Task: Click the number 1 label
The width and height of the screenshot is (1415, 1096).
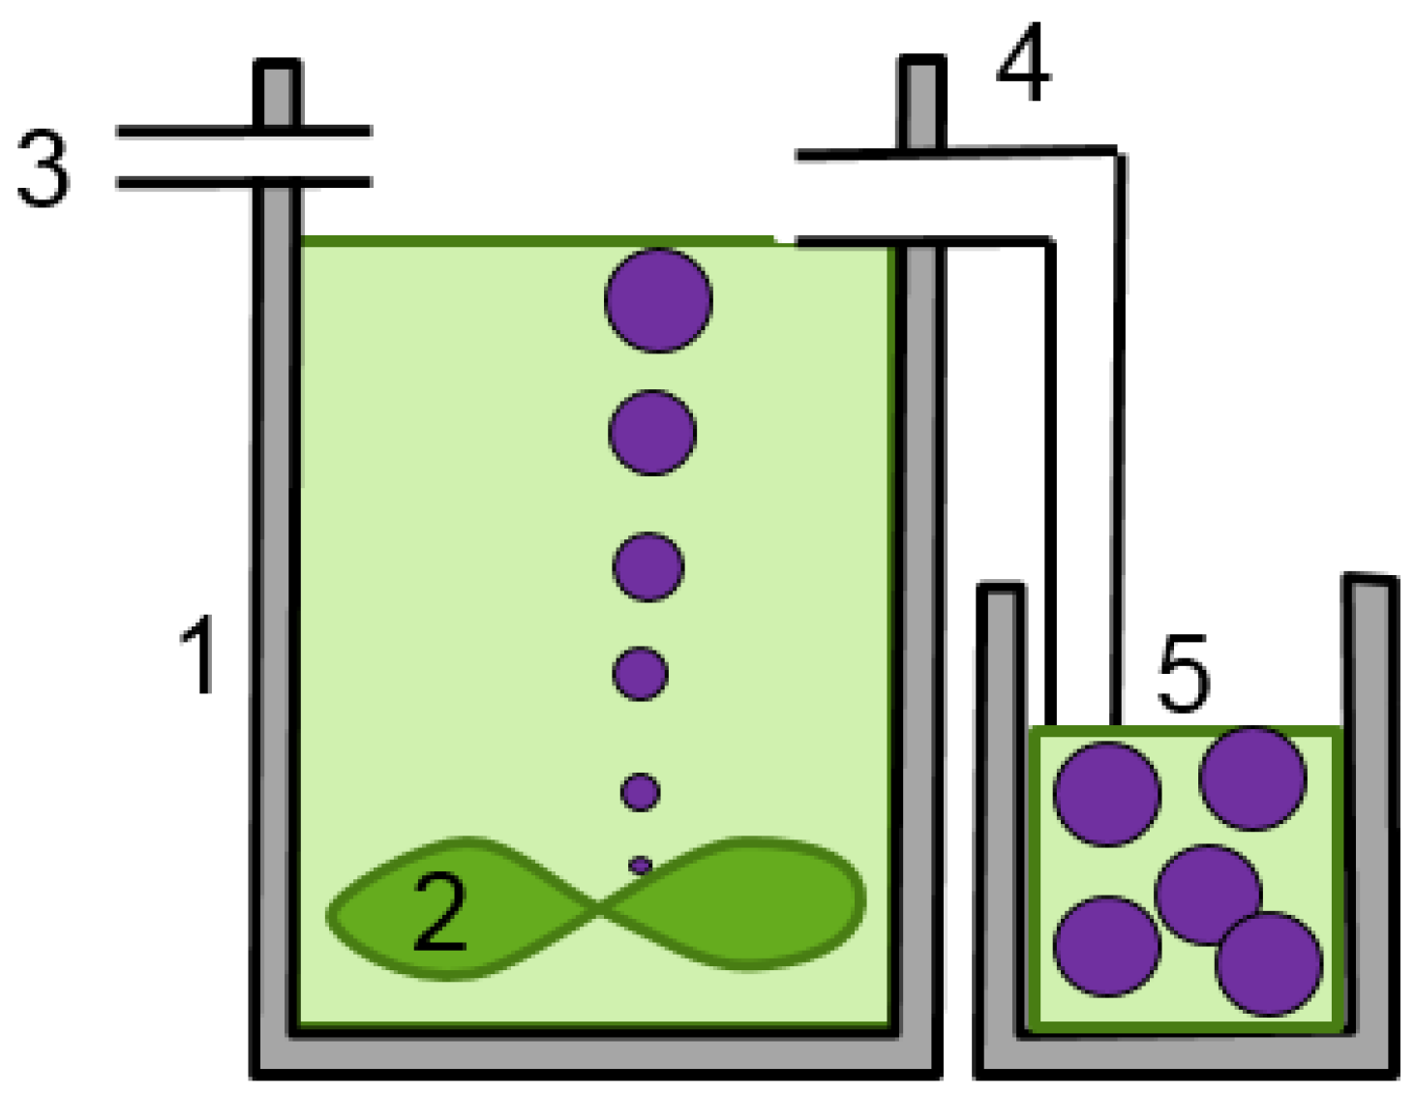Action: click(198, 657)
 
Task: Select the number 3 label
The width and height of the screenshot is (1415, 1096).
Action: click(44, 168)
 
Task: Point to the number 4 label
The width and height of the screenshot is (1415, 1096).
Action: click(1024, 65)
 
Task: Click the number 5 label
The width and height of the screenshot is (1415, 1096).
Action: click(1183, 673)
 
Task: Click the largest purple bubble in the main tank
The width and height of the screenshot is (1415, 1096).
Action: click(658, 299)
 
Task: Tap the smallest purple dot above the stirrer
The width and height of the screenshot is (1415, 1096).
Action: click(640, 865)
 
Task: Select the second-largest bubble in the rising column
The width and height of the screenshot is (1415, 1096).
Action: click(652, 432)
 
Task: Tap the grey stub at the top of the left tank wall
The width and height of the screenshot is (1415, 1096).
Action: click(277, 92)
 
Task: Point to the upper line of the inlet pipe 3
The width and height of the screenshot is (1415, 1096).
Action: click(242, 130)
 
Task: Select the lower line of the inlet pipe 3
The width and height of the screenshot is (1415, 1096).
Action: click(242, 182)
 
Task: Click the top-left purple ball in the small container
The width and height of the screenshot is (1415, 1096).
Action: click(1106, 794)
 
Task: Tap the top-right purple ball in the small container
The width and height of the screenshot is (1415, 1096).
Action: click(1252, 778)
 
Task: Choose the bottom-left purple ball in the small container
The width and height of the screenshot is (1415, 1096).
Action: click(1106, 946)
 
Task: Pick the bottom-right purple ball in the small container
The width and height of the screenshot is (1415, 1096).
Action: click(1269, 964)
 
